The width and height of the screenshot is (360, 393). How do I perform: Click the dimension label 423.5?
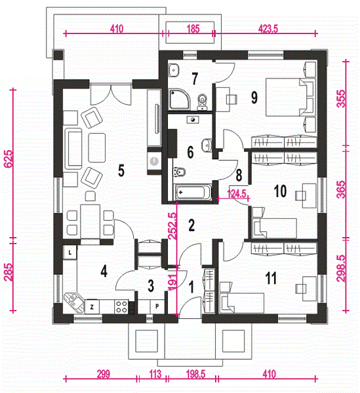point(268,29)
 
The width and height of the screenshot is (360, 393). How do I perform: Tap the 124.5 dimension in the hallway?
point(237,194)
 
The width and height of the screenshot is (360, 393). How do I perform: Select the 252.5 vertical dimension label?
point(172,226)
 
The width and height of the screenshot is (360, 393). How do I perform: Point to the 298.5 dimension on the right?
point(341,268)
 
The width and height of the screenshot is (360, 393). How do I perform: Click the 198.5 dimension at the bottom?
point(195,374)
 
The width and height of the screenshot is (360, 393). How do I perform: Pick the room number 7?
point(195,79)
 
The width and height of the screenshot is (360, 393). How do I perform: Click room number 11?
point(271,278)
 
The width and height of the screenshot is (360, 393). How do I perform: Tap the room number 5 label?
point(121,171)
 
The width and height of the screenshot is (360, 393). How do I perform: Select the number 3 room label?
point(151,286)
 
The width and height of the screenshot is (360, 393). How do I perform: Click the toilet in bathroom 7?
point(202,102)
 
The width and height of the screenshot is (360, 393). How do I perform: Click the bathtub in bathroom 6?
point(193,193)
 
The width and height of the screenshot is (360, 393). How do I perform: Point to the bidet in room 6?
point(179,172)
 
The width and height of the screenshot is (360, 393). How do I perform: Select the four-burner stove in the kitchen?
point(121,307)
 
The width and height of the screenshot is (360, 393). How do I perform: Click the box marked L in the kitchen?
point(70,252)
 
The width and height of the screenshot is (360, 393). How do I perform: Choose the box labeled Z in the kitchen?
point(92,307)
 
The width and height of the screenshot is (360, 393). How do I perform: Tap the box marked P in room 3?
point(157,307)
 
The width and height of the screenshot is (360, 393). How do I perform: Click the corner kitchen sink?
point(73,303)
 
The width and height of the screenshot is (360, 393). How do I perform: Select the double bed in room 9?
point(290,97)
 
